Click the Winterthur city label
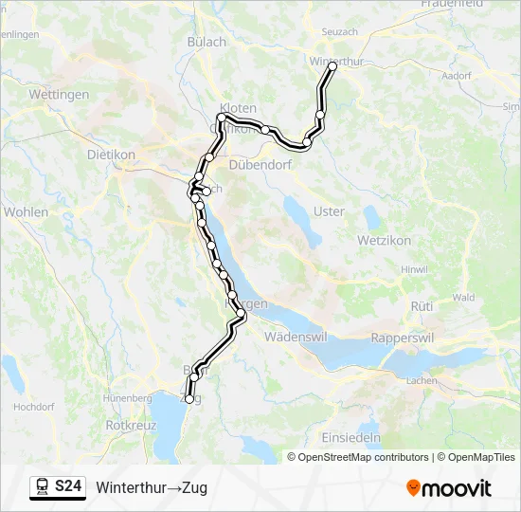336,61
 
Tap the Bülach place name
207,42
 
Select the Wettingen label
60,95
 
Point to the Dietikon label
112,154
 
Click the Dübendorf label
260,164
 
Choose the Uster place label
329,211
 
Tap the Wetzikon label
385,241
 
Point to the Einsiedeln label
351,438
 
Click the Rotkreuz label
132,426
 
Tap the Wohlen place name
26,212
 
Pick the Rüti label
422,306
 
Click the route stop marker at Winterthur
332,67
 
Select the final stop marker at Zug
189,399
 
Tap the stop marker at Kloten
222,118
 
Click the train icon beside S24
43,487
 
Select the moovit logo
449,488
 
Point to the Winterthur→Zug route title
152,488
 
